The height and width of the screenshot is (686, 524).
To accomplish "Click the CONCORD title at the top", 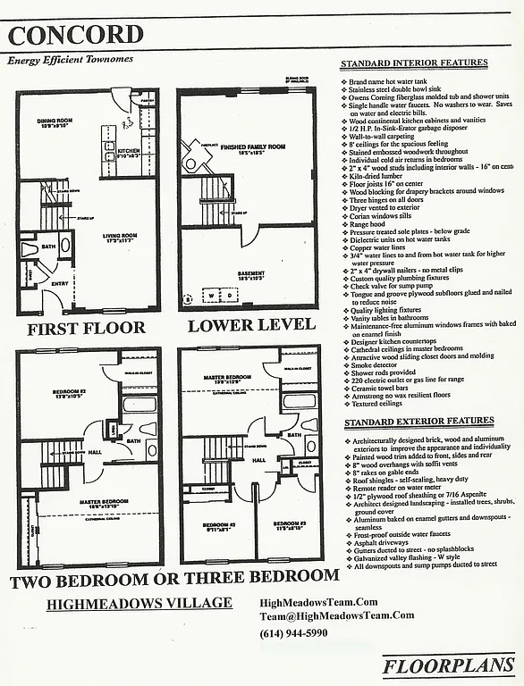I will tap(76, 35).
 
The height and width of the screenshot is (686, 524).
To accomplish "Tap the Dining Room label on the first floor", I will tap(54, 121).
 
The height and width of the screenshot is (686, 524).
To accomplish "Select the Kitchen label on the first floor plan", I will tap(129, 152).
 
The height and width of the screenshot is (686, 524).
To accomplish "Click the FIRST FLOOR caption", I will tap(86, 328).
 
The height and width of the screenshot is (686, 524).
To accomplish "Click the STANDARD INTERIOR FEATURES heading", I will tap(415, 63).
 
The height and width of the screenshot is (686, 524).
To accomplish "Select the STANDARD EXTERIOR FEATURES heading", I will tap(418, 421).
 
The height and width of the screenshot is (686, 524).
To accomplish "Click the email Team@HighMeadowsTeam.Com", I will tap(336, 615).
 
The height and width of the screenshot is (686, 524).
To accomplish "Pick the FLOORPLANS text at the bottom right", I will tap(449, 665).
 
